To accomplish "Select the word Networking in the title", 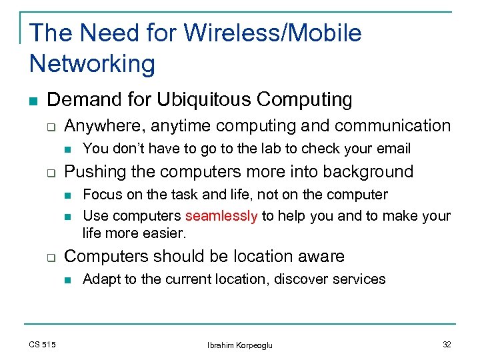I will click(x=92, y=64).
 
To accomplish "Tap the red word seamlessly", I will click(x=221, y=216).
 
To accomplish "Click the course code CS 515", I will click(x=43, y=344).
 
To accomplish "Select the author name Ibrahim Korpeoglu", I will click(x=240, y=345).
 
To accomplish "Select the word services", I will click(x=359, y=279).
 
